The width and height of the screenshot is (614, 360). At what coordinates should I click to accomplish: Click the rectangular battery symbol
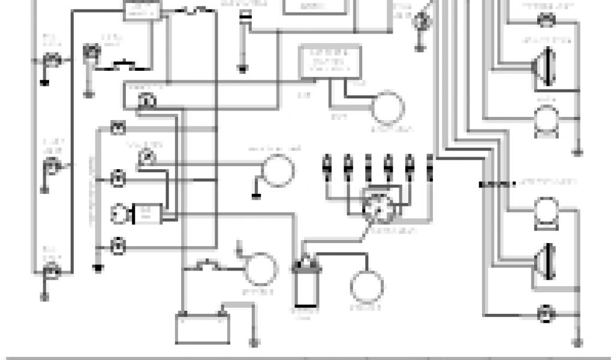(x=202, y=328)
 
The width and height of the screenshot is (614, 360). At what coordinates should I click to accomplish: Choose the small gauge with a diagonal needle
(x=145, y=157)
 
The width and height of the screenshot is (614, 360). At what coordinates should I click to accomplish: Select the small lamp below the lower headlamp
(x=546, y=313)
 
